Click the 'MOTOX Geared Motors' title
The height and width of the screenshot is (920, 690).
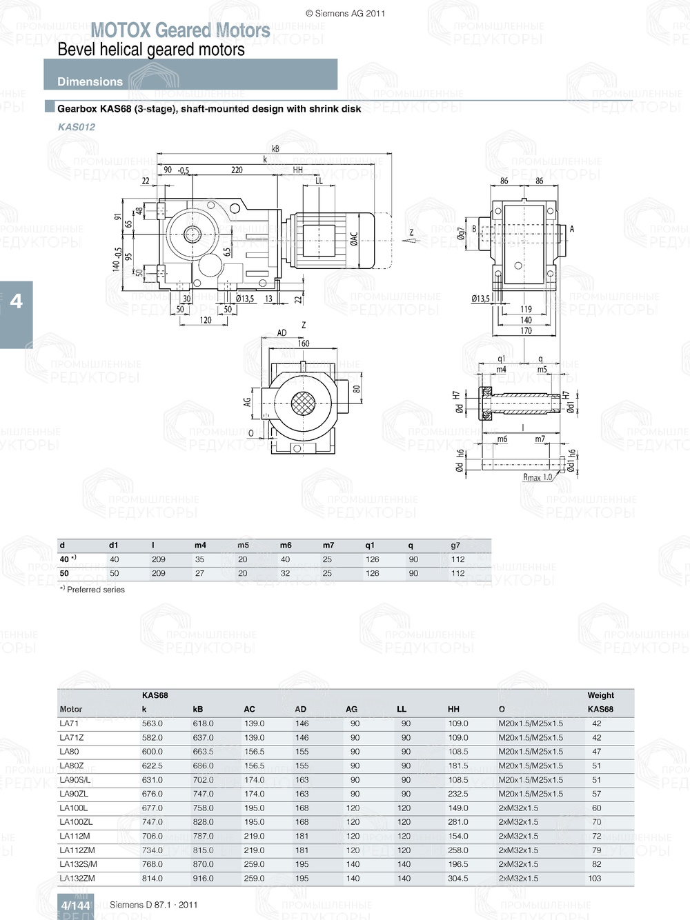point(180,30)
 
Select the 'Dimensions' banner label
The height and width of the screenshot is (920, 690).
point(90,81)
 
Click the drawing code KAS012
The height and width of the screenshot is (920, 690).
point(77,127)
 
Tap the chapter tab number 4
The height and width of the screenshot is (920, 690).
point(16,301)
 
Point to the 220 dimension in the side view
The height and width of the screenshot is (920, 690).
point(237,170)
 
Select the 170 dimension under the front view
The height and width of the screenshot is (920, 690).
point(526,331)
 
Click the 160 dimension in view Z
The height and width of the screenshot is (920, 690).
point(303,343)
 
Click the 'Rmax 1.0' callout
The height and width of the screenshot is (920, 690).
point(538,477)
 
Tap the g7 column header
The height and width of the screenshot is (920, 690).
point(455,545)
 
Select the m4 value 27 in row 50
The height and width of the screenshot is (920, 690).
point(199,573)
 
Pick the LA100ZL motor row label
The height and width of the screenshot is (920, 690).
point(76,822)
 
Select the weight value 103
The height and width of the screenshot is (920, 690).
point(595,879)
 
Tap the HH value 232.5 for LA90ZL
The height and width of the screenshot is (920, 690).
point(458,794)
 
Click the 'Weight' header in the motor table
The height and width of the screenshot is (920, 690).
point(600,695)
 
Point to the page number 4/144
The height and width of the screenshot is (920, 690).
point(75,906)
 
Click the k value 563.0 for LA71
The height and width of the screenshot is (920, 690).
point(152,723)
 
